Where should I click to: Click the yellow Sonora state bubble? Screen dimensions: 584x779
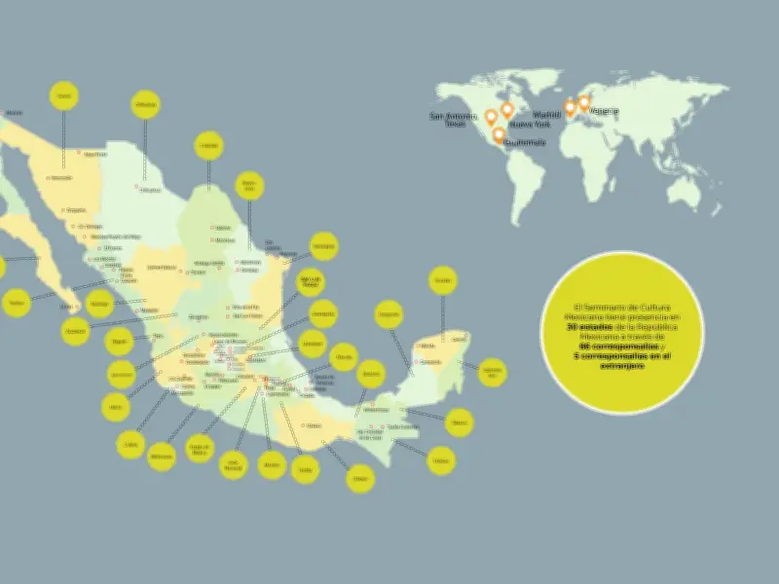(64, 95)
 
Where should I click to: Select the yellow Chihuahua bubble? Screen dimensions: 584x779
(145, 104)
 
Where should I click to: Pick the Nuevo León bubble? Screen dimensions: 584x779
(248, 185)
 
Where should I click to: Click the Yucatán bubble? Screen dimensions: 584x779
(442, 281)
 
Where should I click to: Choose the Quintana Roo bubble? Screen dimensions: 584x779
(493, 371)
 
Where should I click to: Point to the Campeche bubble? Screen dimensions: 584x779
(389, 314)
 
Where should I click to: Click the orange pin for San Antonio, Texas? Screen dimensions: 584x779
(491, 118)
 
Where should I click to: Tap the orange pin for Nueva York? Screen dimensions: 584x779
(506, 111)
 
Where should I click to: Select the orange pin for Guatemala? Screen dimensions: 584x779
(499, 135)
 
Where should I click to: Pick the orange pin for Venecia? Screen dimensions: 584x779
(584, 101)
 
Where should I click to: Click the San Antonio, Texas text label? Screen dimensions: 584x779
(455, 120)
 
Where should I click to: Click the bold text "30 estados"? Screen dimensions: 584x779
(586, 327)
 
